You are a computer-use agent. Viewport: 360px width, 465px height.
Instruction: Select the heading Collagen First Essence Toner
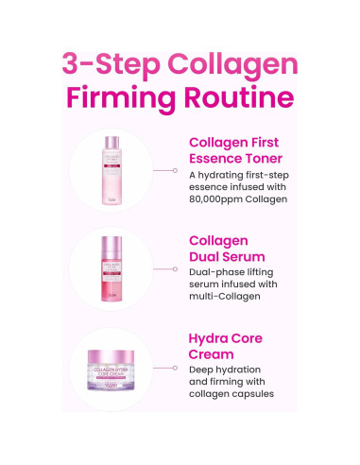(x=248, y=152)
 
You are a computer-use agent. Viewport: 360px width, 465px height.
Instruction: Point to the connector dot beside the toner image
(x=175, y=171)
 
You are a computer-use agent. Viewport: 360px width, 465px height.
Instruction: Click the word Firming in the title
(x=126, y=99)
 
